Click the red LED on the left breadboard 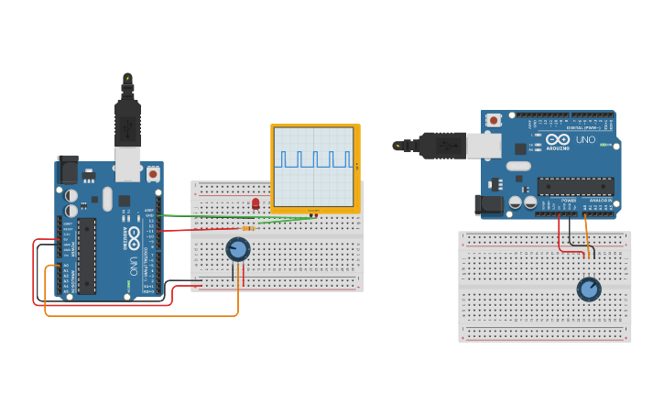(256, 203)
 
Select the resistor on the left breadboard (248, 228)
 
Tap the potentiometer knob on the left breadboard (238, 249)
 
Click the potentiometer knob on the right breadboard (589, 289)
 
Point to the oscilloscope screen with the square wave (314, 167)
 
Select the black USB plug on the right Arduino (438, 145)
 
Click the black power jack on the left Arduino (68, 169)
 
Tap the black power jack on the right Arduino (493, 207)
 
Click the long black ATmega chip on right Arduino (575, 186)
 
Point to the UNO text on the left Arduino (135, 267)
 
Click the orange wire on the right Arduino (586, 234)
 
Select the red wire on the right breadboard (561, 236)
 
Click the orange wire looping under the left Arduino (137, 315)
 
